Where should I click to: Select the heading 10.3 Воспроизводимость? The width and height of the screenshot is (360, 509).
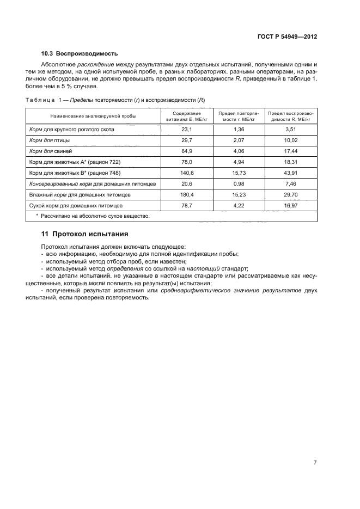(80, 53)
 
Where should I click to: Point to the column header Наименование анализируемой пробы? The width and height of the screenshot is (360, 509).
(93, 116)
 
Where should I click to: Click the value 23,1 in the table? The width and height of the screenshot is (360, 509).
(187, 130)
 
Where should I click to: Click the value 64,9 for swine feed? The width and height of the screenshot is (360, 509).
(187, 151)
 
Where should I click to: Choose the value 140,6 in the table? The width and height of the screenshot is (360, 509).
(187, 173)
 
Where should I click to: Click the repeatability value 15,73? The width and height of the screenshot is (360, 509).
(240, 173)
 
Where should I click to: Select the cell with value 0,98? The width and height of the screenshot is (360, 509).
(240, 184)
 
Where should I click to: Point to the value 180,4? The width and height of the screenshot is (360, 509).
(187, 195)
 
